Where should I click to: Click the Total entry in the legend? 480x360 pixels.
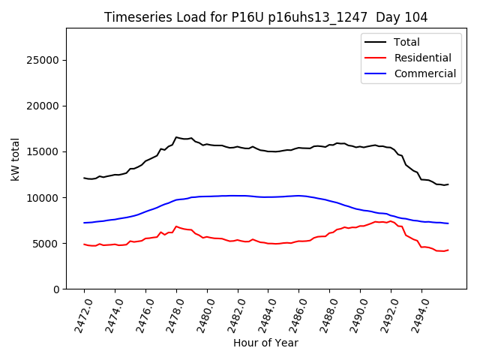pyautogui.click(x=406, y=42)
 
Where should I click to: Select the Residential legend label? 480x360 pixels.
pyautogui.click(x=422, y=58)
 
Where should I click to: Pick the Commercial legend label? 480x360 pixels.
pyautogui.click(x=424, y=73)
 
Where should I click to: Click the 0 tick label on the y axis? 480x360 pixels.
pyautogui.click(x=56, y=289)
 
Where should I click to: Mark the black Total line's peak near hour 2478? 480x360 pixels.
pyautogui.click(x=176, y=137)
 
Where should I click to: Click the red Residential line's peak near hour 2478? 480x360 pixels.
pyautogui.click(x=176, y=226)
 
